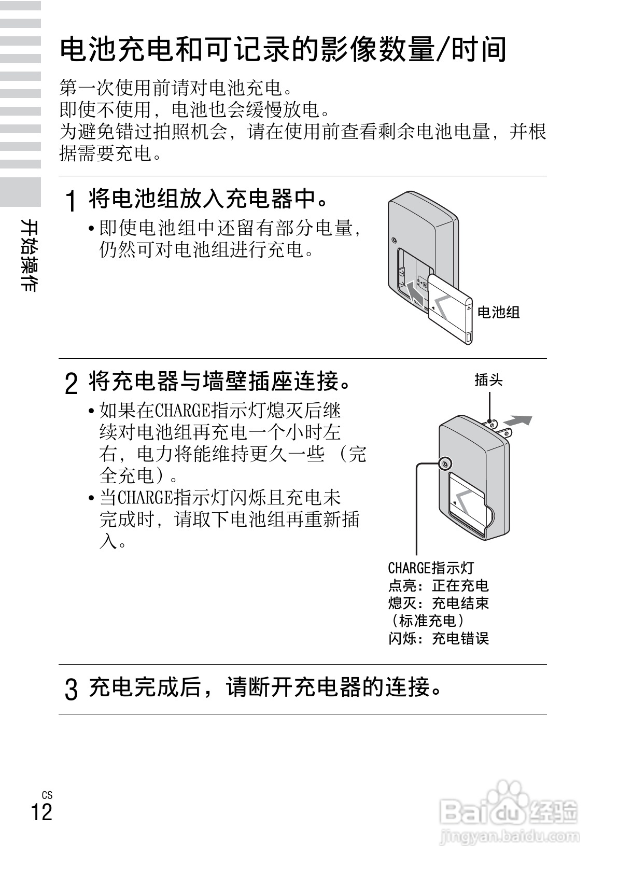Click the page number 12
42,812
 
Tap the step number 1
72,201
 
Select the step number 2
72,384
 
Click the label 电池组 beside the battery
498,312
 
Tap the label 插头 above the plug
488,380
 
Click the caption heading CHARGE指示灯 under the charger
431,568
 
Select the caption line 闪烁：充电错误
439,638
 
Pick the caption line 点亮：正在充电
439,585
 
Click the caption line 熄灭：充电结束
439,603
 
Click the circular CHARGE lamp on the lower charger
444,463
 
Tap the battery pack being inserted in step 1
450,310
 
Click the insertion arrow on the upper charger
415,292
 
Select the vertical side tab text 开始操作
29,255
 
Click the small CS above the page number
47,795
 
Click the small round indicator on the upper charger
395,241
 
